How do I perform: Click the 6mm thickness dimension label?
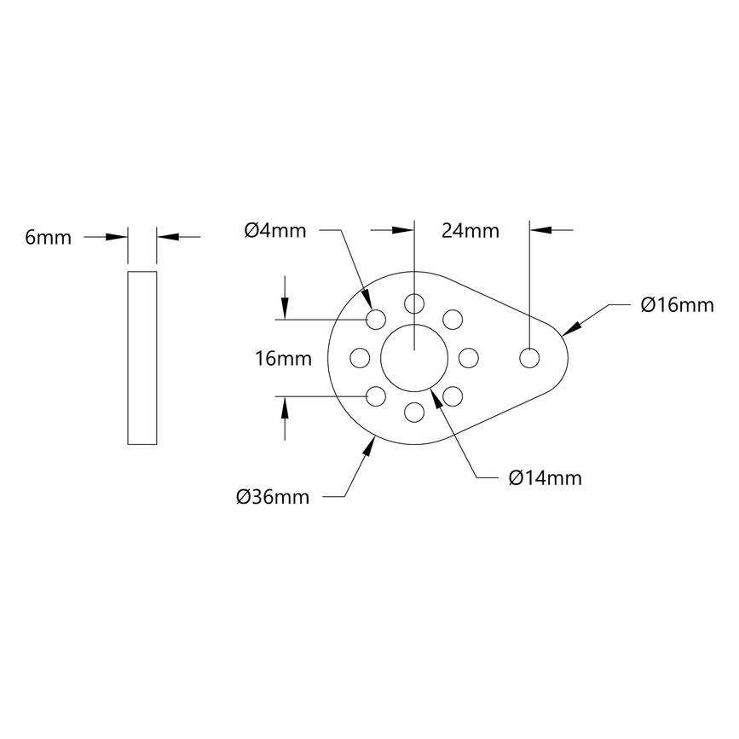(49, 238)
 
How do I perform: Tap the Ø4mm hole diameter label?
(274, 230)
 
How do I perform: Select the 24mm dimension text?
(471, 230)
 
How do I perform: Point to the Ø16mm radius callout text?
(677, 305)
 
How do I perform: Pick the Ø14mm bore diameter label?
(545, 478)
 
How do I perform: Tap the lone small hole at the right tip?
(530, 358)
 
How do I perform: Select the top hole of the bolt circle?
(414, 303)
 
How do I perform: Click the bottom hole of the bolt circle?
(414, 413)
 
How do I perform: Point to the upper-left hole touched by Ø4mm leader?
(376, 320)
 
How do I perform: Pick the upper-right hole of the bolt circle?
(453, 320)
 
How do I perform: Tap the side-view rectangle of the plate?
(142, 358)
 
